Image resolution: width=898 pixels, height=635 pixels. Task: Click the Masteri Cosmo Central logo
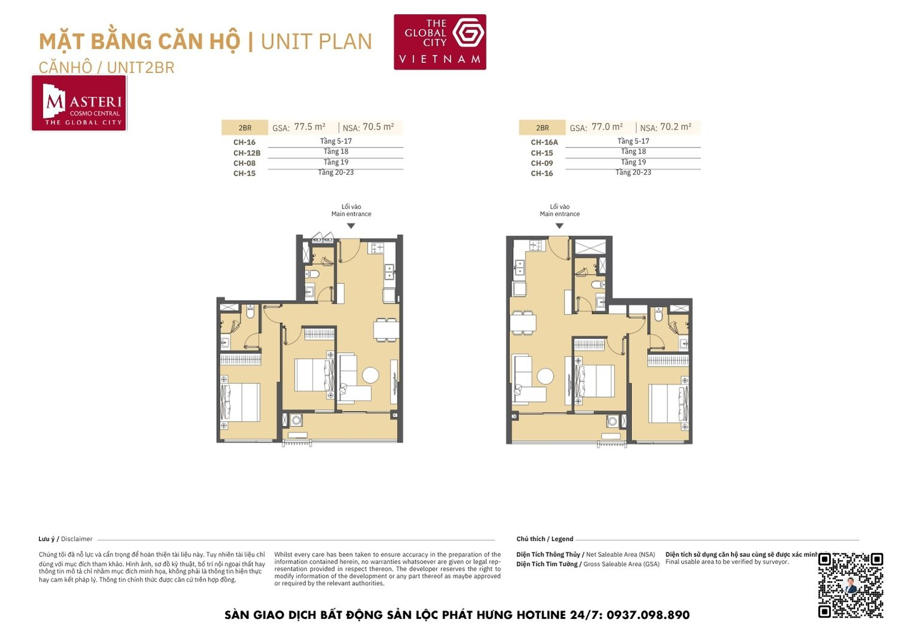[79, 103]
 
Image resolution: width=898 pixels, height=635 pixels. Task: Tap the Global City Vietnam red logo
[439, 42]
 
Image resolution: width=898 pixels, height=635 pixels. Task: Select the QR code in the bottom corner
[850, 585]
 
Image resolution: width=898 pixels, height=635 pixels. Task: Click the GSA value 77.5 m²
[310, 127]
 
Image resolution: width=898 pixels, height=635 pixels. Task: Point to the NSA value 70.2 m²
[676, 127]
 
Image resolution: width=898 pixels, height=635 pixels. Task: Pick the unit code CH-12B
[247, 153]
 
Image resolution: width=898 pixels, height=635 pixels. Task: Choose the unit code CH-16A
[544, 143]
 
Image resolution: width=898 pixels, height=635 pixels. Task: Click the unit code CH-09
[542, 163]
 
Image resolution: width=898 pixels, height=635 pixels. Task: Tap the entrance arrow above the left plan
[351, 226]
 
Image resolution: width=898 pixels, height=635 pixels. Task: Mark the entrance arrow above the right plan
[559, 226]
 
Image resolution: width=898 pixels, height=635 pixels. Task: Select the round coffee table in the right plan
[545, 376]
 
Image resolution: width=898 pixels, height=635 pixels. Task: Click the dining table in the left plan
[386, 330]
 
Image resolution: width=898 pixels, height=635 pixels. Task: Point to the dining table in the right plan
[523, 323]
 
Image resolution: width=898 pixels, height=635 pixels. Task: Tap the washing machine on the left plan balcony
[296, 420]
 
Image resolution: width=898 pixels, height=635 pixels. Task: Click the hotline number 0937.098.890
[648, 615]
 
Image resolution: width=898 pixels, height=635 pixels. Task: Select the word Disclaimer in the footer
[77, 539]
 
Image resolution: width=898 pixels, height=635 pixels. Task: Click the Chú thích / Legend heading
[545, 539]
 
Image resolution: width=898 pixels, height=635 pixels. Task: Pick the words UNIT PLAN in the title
[316, 42]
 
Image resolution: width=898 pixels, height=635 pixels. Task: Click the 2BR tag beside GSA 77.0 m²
[542, 128]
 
